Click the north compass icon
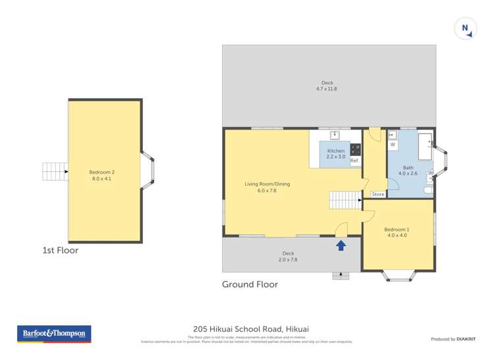(x=465, y=28)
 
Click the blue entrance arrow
(x=341, y=245)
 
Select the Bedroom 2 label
(x=106, y=172)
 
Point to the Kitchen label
(x=336, y=151)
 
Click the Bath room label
(x=408, y=167)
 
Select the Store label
(x=378, y=194)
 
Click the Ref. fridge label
(x=354, y=161)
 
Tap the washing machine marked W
(x=393, y=144)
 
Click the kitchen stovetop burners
(x=356, y=149)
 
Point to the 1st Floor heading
(x=60, y=250)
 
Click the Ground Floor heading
(x=250, y=284)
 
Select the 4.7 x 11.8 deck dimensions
(x=327, y=88)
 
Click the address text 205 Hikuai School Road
(x=251, y=329)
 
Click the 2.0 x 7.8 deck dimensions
(x=288, y=259)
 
